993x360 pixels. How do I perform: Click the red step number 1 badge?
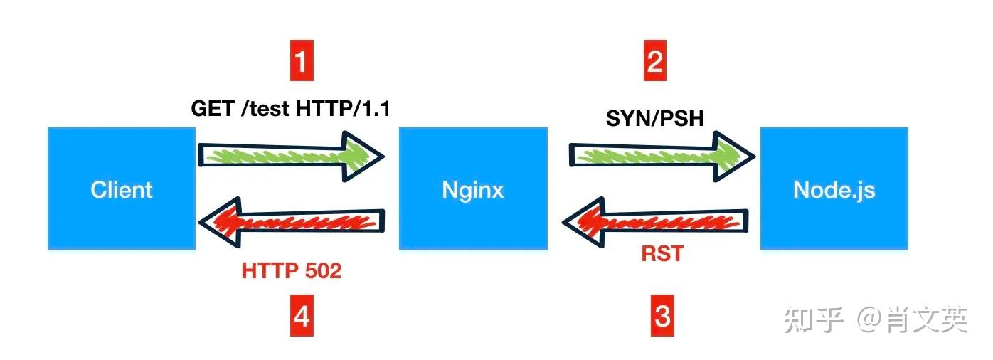point(302,62)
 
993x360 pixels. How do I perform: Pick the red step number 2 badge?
point(654,62)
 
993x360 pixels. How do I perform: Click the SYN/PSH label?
point(654,118)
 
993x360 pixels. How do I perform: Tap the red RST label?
point(661,253)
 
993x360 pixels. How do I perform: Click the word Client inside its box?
point(122,190)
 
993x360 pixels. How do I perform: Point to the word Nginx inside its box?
point(472,190)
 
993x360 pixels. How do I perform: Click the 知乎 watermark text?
point(814,320)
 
